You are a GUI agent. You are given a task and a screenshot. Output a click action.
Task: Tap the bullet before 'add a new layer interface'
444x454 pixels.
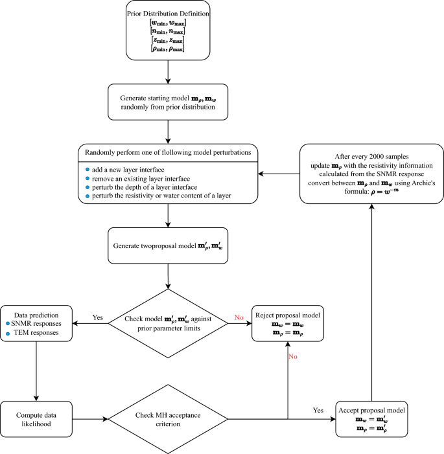89,168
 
